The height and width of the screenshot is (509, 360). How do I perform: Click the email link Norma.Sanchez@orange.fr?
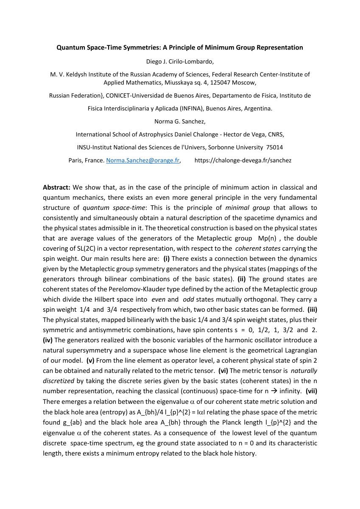[x=143, y=161]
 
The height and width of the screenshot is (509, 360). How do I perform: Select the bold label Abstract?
[x=57, y=187]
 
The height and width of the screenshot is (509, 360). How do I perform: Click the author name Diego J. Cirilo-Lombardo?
[x=180, y=62]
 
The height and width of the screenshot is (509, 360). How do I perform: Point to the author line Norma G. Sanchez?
[x=180, y=122]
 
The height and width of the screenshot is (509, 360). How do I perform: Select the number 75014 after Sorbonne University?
[x=274, y=148]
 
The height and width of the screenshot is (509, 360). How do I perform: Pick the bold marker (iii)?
[x=312, y=310]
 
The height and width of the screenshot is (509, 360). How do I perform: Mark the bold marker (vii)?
[x=311, y=391]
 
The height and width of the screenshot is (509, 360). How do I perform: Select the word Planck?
[x=247, y=422]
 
